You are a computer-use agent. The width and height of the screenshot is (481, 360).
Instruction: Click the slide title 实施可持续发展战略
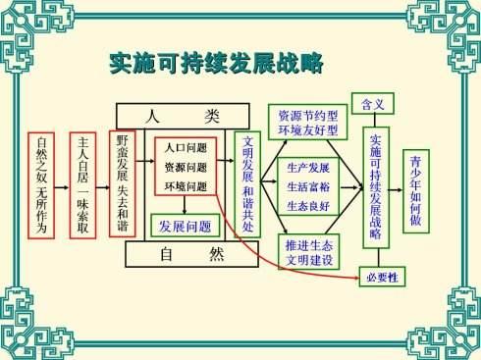(216, 63)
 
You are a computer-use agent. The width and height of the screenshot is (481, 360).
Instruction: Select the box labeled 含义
(373, 104)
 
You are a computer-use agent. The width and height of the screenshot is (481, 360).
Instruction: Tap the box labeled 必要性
(382, 277)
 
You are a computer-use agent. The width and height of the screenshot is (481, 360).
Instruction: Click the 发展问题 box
(186, 226)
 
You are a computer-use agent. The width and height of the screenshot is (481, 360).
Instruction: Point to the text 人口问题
(186, 148)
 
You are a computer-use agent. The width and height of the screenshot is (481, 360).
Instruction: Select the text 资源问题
(186, 167)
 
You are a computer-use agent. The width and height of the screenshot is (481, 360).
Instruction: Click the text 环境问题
(186, 186)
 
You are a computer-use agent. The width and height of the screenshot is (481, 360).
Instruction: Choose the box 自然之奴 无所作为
(41, 185)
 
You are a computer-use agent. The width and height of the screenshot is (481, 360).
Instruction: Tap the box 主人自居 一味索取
(82, 185)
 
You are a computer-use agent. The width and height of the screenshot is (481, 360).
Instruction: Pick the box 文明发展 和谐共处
(247, 184)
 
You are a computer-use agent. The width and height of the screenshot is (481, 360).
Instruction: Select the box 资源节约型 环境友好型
(307, 123)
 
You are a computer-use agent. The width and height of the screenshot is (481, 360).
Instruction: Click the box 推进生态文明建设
(309, 252)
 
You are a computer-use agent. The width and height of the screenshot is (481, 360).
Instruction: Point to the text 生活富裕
(308, 186)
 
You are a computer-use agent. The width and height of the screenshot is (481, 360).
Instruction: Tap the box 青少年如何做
(416, 191)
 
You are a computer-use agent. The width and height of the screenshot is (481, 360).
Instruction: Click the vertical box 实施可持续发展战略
(376, 187)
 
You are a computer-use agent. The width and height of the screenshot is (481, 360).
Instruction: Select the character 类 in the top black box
(212, 116)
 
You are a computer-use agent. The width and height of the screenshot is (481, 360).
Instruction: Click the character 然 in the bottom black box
(216, 254)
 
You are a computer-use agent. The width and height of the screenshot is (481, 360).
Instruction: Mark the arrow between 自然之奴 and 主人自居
(62, 187)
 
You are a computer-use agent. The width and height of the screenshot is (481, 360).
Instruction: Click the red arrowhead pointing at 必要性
(356, 278)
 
